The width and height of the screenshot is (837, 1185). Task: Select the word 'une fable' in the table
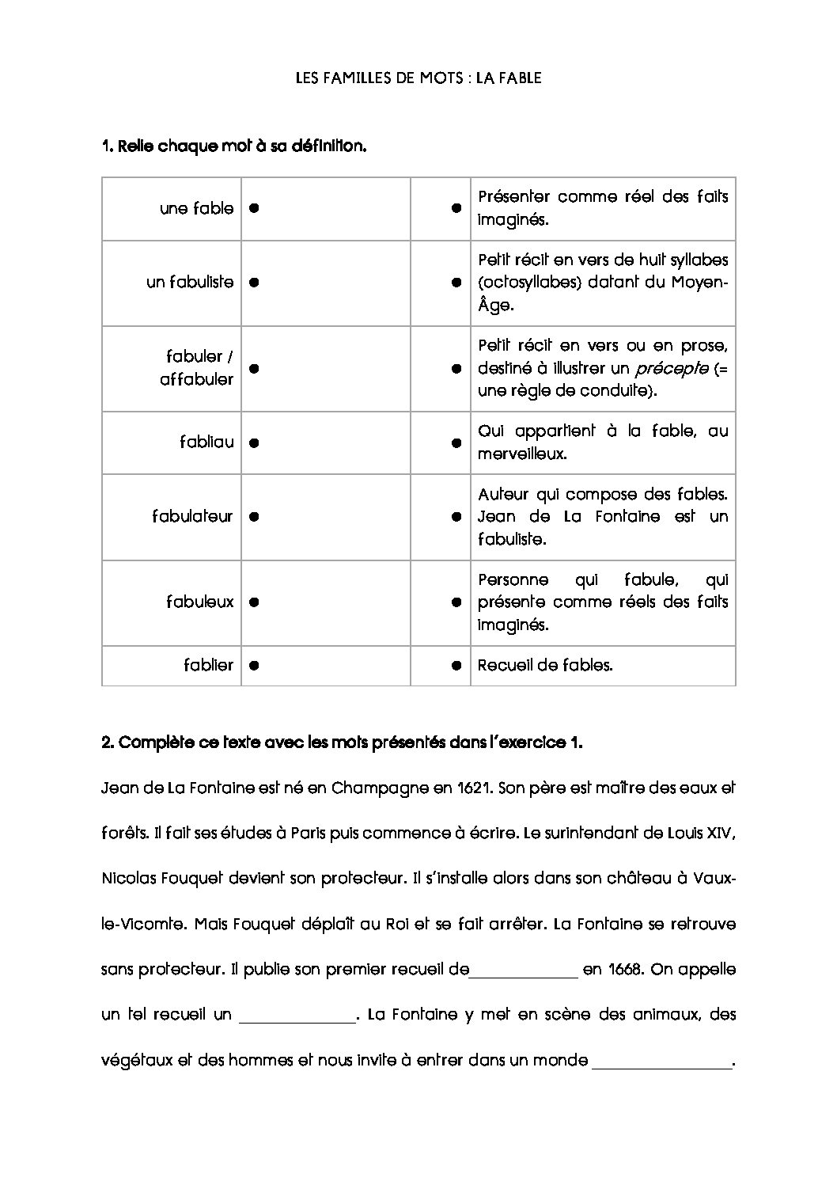tap(196, 208)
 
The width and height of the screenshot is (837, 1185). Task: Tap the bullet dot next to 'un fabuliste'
tap(254, 282)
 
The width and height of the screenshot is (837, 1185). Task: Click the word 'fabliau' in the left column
tap(206, 442)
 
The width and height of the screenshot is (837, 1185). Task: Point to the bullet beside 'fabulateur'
tap(254, 516)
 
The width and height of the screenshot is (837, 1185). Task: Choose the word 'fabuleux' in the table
tap(199, 602)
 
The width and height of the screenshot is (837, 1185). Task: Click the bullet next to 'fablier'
tap(254, 666)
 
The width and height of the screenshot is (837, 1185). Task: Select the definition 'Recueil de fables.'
tap(545, 665)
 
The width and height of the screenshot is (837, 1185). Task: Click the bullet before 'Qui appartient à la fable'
tap(456, 443)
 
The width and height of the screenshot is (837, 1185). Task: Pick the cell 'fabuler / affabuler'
tap(196, 368)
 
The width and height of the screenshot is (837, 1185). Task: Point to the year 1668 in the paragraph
tap(620, 970)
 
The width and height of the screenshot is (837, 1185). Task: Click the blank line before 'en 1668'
tap(524, 973)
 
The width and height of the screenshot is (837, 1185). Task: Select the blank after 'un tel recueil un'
tap(297, 1018)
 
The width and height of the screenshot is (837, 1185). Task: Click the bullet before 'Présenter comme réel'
tap(456, 208)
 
